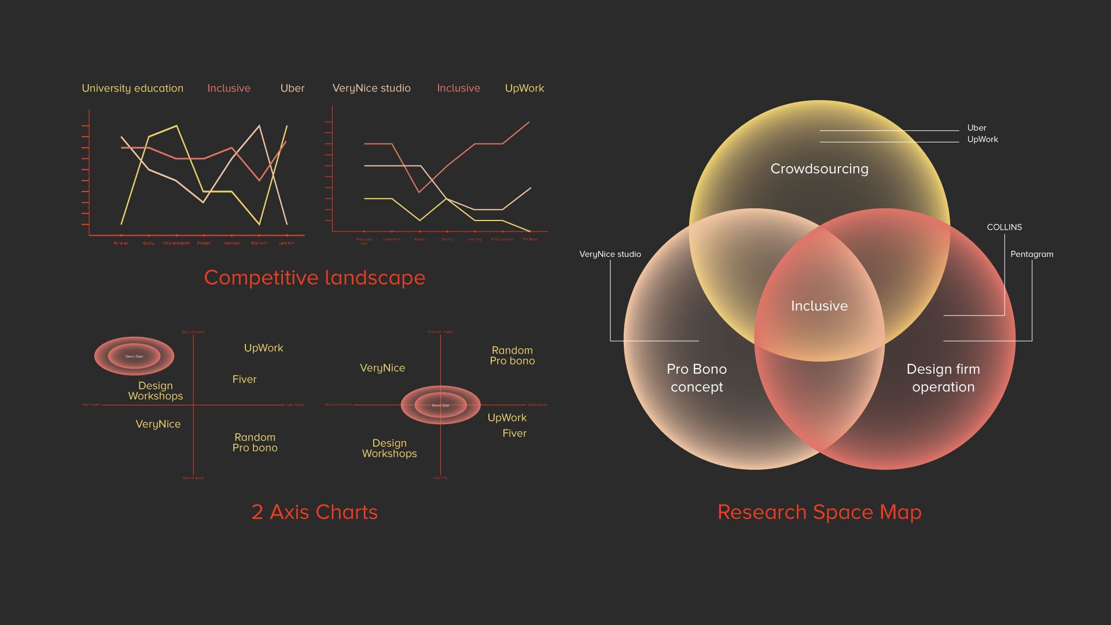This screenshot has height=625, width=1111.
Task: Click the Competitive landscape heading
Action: [x=314, y=278]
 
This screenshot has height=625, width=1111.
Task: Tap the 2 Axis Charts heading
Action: [x=314, y=512]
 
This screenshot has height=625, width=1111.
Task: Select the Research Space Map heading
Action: [x=819, y=512]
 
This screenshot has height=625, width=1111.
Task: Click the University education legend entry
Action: [x=133, y=88]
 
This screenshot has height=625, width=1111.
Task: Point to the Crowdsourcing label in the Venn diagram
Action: [x=819, y=169]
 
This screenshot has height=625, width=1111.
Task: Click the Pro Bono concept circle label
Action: [x=697, y=378]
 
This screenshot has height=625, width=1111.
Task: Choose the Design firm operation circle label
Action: [x=943, y=378]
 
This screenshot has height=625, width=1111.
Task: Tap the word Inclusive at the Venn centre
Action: [x=819, y=306]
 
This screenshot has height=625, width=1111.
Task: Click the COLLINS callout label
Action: [x=1004, y=227]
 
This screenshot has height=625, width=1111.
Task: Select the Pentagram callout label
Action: [x=1032, y=254]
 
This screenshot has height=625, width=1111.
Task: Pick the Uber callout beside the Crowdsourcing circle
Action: [x=977, y=128]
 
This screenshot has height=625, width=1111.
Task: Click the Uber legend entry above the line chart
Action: [x=292, y=88]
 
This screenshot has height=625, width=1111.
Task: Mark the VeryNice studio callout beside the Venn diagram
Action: [x=610, y=254]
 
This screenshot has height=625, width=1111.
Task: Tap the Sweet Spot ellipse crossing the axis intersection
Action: [x=440, y=405]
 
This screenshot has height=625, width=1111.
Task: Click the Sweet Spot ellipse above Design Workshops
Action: [x=134, y=356]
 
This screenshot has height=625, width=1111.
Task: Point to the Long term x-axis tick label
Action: [x=287, y=244]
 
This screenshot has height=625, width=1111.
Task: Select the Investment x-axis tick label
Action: [x=392, y=240]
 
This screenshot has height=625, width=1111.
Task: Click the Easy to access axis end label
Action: [x=193, y=332]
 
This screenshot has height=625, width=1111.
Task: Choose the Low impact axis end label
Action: [x=295, y=405]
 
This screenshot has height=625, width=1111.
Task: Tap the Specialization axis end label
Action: [x=538, y=405]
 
